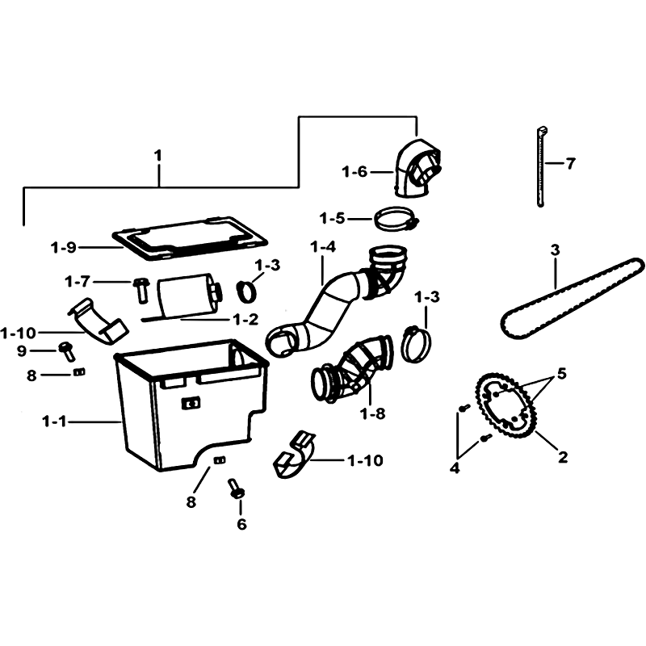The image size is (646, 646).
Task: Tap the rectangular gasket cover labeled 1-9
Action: point(190,239)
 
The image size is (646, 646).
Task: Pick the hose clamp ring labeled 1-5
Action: point(396,219)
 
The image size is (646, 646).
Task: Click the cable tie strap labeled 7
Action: point(541,167)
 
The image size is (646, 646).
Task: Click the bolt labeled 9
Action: point(67,350)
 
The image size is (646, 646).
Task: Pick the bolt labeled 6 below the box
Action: point(236,489)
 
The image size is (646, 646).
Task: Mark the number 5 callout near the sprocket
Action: point(561,374)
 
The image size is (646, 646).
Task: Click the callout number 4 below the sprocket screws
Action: point(455,468)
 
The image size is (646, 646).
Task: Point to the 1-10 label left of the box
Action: point(19,333)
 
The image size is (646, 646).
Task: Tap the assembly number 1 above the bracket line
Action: point(157,156)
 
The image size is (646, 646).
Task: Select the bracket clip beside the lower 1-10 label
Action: point(293,455)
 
